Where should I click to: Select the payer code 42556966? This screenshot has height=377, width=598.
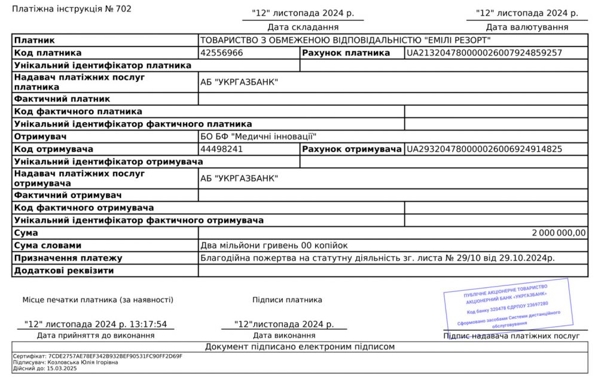coord(221,53)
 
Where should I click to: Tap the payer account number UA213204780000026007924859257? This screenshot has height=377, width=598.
coord(484,53)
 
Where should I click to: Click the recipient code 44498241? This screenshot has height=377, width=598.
coord(221,149)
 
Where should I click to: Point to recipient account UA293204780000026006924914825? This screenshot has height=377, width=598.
coord(484,149)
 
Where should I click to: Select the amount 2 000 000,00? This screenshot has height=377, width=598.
coord(559,233)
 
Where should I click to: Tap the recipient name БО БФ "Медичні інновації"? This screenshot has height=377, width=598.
coord(258,136)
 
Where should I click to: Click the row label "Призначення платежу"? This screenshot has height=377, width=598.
coord(68,258)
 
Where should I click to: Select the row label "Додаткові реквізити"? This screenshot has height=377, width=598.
coord(64,270)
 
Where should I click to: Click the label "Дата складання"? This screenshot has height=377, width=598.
coord(303,27)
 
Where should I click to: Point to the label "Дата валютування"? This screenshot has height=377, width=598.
coord(527,27)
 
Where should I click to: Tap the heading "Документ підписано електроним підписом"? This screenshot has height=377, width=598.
coord(300,346)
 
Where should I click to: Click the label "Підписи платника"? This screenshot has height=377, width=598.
coord(287,300)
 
